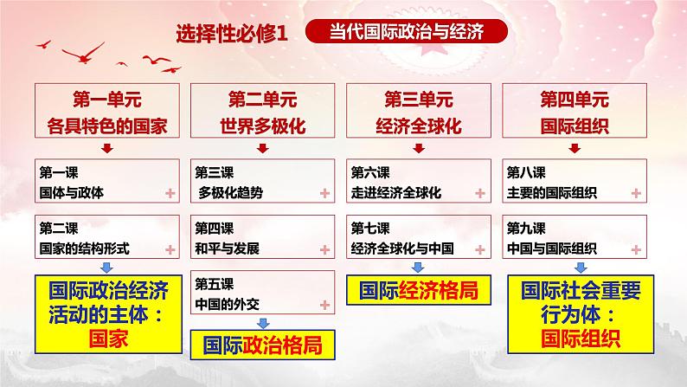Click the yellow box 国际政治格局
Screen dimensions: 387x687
263,345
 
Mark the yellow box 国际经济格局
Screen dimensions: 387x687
419,290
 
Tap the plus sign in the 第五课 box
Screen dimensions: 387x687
324,305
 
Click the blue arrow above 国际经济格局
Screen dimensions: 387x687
419,268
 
